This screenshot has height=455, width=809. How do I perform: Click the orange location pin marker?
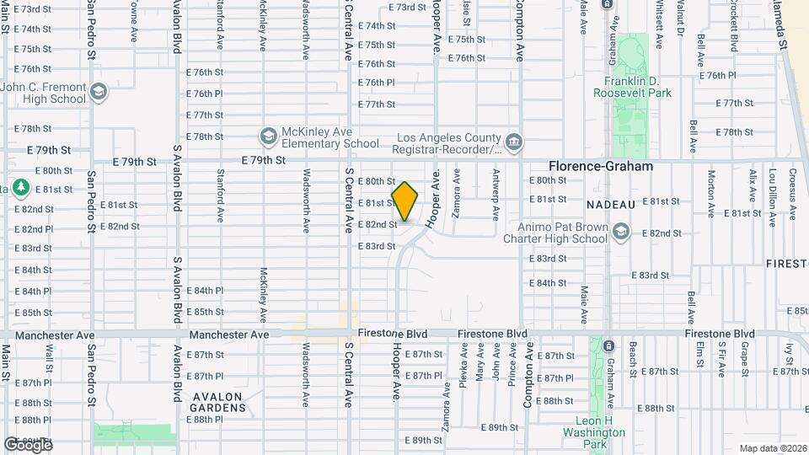(404, 201)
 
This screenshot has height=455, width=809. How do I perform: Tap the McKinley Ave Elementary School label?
(329, 137)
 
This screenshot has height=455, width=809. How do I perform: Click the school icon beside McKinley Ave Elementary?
(268, 136)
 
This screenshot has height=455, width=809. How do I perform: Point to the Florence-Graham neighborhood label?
(601, 166)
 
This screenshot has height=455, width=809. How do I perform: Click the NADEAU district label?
(611, 204)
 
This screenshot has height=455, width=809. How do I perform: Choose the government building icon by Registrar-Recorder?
(513, 139)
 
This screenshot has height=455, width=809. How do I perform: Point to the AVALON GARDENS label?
(218, 402)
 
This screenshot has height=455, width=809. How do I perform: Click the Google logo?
(28, 444)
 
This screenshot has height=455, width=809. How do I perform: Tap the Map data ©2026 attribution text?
(773, 448)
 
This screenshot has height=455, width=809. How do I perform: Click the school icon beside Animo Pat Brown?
(621, 231)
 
